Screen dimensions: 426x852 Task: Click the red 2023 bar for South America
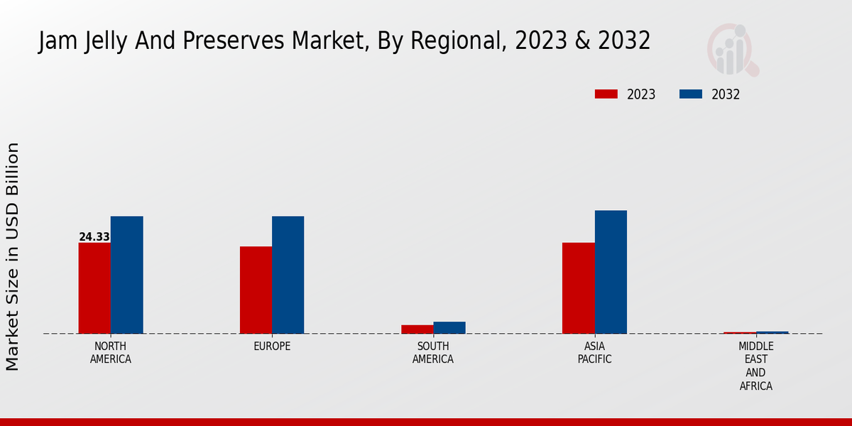pyautogui.click(x=417, y=329)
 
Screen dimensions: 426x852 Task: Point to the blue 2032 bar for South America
pyautogui.click(x=449, y=327)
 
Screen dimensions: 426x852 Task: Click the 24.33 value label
pyautogui.click(x=94, y=237)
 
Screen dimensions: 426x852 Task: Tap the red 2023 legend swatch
pyautogui.click(x=606, y=94)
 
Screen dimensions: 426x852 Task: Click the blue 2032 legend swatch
pyautogui.click(x=691, y=94)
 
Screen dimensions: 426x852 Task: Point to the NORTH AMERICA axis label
pyautogui.click(x=111, y=353)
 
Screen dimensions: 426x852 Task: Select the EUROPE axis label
pyautogui.click(x=272, y=346)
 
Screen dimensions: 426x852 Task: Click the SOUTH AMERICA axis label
pyautogui.click(x=433, y=353)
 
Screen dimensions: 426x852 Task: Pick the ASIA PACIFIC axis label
pyautogui.click(x=594, y=353)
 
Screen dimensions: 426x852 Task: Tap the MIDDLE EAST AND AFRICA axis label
pyautogui.click(x=755, y=366)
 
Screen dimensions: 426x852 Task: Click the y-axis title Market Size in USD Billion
pyautogui.click(x=13, y=256)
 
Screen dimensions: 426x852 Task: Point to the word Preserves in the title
pyautogui.click(x=253, y=41)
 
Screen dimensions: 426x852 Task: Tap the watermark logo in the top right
pyautogui.click(x=733, y=50)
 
